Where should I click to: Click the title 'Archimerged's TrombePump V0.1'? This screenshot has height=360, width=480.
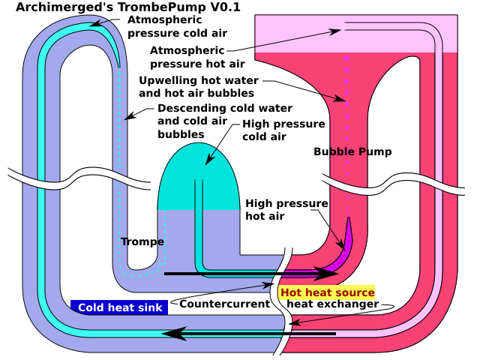coord(127,7)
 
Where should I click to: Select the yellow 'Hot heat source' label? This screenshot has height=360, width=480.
coord(327,292)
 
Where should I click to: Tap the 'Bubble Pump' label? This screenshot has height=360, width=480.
coord(352,152)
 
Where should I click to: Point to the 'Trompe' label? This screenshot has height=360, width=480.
coord(142,241)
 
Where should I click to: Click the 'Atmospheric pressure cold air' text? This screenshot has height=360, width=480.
coord(177,26)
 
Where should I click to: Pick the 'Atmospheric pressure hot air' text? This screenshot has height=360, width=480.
coord(187,57)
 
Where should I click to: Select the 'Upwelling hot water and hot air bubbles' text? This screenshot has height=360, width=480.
coord(199,87)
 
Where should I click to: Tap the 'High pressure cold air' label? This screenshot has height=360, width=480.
coord(284,130)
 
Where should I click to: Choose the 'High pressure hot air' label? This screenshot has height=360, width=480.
coord(286,210)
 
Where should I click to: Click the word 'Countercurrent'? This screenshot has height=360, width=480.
coord(224,304)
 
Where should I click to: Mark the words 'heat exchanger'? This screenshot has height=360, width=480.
coord(332,304)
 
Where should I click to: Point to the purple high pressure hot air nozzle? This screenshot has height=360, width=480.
coord(346,240)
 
